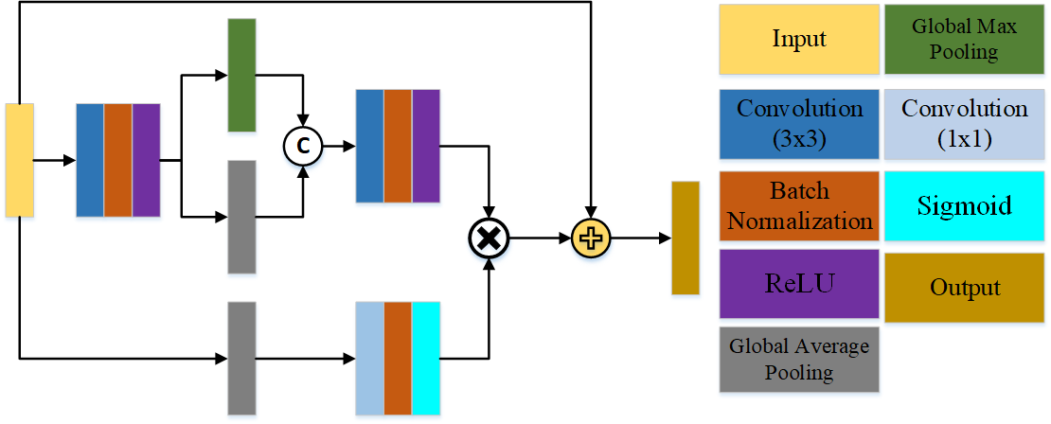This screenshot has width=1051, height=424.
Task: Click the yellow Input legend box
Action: (799, 39)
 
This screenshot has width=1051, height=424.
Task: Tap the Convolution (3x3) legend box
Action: (799, 123)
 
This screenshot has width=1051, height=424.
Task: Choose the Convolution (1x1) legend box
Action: (964, 123)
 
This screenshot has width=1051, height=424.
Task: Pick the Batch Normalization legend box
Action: (799, 205)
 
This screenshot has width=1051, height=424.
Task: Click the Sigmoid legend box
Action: (964, 205)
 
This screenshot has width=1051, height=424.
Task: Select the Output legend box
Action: (964, 287)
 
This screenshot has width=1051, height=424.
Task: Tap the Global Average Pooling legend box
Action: (799, 359)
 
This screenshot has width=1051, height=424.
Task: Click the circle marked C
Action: (303, 146)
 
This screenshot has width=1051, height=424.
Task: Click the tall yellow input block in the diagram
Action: (19, 159)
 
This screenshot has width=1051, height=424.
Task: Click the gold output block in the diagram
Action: (685, 238)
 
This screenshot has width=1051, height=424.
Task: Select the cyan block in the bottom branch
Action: (426, 358)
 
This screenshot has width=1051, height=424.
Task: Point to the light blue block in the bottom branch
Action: (369, 358)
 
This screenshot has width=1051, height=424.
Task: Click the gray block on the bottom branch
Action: (241, 358)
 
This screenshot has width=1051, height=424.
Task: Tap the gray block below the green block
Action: (241, 217)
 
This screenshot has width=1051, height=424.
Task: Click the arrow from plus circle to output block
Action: (639, 238)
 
